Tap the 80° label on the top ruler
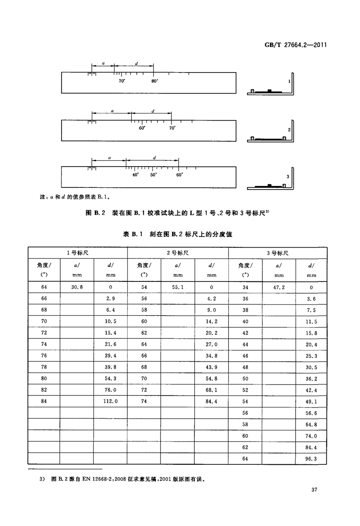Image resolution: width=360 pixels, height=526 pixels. coord(154,81)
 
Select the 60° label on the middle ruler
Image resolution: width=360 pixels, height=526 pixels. coord(142,128)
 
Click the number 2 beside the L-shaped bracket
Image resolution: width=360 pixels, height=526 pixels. coord(289,129)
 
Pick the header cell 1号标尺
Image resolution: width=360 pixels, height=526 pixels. coord(77,253)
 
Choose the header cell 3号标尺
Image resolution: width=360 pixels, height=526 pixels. coord(278,253)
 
